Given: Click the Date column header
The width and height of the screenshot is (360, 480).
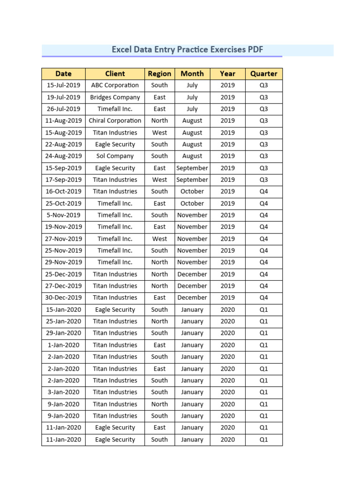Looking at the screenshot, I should pyautogui.click(x=63, y=74).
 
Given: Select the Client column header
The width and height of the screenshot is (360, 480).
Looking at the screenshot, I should pyautogui.click(x=115, y=74).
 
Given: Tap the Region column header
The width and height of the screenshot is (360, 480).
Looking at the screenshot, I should pyautogui.click(x=159, y=74).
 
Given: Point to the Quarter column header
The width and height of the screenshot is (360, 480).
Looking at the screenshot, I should pyautogui.click(x=263, y=74).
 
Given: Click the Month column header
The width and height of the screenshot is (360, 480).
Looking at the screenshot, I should pyautogui.click(x=192, y=74).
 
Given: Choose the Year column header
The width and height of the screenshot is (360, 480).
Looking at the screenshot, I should pyautogui.click(x=227, y=74).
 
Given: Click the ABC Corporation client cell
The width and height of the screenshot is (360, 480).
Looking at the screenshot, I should pyautogui.click(x=115, y=85).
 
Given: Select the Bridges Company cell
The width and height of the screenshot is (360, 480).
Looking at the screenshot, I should pyautogui.click(x=115, y=97).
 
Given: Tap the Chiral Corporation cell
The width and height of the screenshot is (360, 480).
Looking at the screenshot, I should pyautogui.click(x=115, y=121).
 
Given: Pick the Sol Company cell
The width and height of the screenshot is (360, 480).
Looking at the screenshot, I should pyautogui.click(x=115, y=156).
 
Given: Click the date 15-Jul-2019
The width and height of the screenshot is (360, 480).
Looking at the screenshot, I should pyautogui.click(x=63, y=85).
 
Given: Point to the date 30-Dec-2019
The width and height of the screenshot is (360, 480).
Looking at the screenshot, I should pyautogui.click(x=63, y=298).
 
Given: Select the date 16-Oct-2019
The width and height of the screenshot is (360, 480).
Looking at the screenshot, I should pyautogui.click(x=63, y=191).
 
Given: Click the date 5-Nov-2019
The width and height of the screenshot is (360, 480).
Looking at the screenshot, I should pyautogui.click(x=63, y=215).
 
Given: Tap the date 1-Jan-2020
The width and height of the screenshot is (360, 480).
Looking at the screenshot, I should pyautogui.click(x=63, y=345).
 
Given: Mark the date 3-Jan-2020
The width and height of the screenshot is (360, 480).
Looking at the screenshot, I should pyautogui.click(x=63, y=392).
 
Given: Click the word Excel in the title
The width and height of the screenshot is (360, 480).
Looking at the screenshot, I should pyautogui.click(x=121, y=50).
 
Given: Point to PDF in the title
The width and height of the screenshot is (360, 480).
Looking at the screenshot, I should pyautogui.click(x=255, y=50).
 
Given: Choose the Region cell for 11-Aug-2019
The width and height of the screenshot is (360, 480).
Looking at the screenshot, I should pyautogui.click(x=159, y=121).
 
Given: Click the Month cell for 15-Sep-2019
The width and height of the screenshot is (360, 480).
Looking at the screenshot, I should pyautogui.click(x=192, y=168).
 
